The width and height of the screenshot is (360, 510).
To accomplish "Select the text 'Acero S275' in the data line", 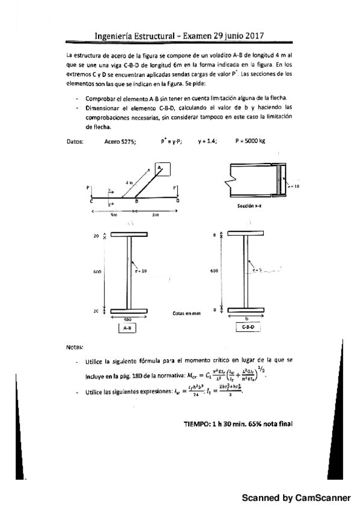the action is tap(120, 141).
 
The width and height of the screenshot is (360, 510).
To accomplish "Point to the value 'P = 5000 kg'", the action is tap(251, 141).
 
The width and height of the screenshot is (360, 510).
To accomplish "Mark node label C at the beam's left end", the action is tap(91, 201).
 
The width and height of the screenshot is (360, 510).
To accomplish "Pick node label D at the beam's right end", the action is tap(177, 201).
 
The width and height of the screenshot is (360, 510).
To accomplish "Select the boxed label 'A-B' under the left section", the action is tap(128, 328).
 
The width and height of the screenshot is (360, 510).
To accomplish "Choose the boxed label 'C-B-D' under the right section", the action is tap(247, 328).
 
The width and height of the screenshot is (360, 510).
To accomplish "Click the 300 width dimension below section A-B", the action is tap(127, 319).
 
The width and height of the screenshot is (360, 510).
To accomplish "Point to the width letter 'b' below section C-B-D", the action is tap(247, 319).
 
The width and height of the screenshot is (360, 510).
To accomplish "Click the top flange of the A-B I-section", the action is tap(128, 235).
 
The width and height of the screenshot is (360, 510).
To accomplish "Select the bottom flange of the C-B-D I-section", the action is tap(247, 310).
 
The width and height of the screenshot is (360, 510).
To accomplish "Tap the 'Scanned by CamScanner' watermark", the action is tap(296, 498).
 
